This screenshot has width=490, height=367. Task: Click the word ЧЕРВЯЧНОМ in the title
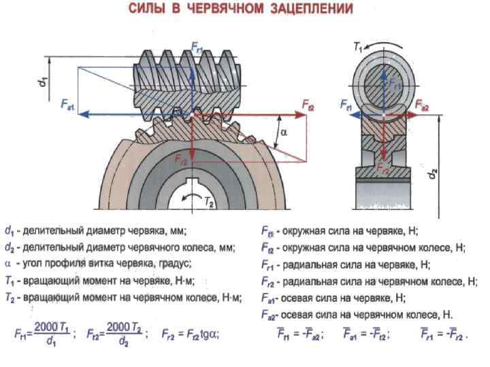(x=225, y=10)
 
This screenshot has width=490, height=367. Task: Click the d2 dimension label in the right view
(x=434, y=173)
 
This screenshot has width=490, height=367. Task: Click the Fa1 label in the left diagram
(x=67, y=105)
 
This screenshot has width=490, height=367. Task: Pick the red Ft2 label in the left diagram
(x=308, y=105)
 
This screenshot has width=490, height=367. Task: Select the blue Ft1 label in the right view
(x=346, y=106)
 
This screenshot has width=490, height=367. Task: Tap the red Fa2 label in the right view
(x=422, y=106)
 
